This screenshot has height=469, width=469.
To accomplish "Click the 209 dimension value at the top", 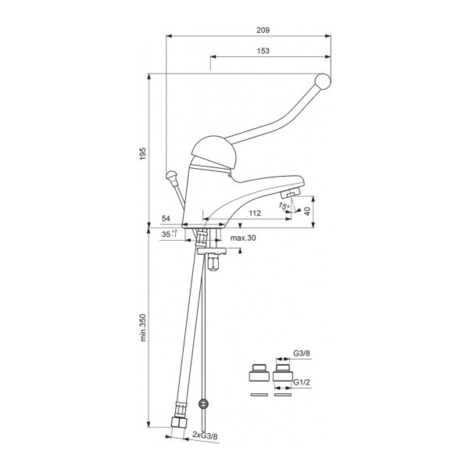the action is coord(263,30).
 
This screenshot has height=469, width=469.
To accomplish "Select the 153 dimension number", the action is coord(263,51).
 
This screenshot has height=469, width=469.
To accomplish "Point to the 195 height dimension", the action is coord(143,153).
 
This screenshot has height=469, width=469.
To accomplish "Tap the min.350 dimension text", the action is coord(143,328).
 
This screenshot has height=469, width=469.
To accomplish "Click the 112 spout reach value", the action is coord(255,213).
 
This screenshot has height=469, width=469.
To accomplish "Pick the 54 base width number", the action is coord(166,218).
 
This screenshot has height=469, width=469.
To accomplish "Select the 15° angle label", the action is coord(285,206).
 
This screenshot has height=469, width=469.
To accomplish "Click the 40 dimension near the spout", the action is coord(307,211).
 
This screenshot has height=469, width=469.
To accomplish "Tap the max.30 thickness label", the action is coord(243,238).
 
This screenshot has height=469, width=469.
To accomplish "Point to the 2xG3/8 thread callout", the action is coord(205,435).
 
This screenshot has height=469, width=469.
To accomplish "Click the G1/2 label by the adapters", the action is coord(302,382).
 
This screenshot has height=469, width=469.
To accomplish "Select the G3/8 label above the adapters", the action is coord(302,353).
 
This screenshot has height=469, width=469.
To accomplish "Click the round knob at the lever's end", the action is coord(323,81).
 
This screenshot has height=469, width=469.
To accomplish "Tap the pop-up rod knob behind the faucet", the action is coord(171,175).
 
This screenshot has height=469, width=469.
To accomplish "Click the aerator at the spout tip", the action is coord(290,192).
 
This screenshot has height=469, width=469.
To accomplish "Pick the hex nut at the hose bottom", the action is coord(180,422).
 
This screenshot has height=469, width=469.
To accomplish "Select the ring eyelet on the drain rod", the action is coord(204,404).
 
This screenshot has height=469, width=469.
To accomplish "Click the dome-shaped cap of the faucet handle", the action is coord(214,153).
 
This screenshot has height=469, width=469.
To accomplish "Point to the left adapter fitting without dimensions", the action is coord(258,373).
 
